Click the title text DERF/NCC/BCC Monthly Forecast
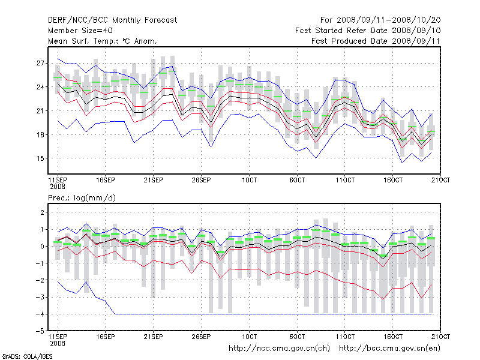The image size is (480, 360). point(112,20)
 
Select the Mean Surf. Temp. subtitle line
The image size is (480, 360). point(103,41)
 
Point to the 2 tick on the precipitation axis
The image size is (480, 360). point(42,212)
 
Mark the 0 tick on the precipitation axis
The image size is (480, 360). point(42,246)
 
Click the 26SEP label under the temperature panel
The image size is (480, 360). point(201,179)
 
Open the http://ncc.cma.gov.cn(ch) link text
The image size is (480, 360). point(279,348)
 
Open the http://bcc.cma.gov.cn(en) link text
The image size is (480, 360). point(390,348)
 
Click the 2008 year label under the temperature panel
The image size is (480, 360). point(57,187)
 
